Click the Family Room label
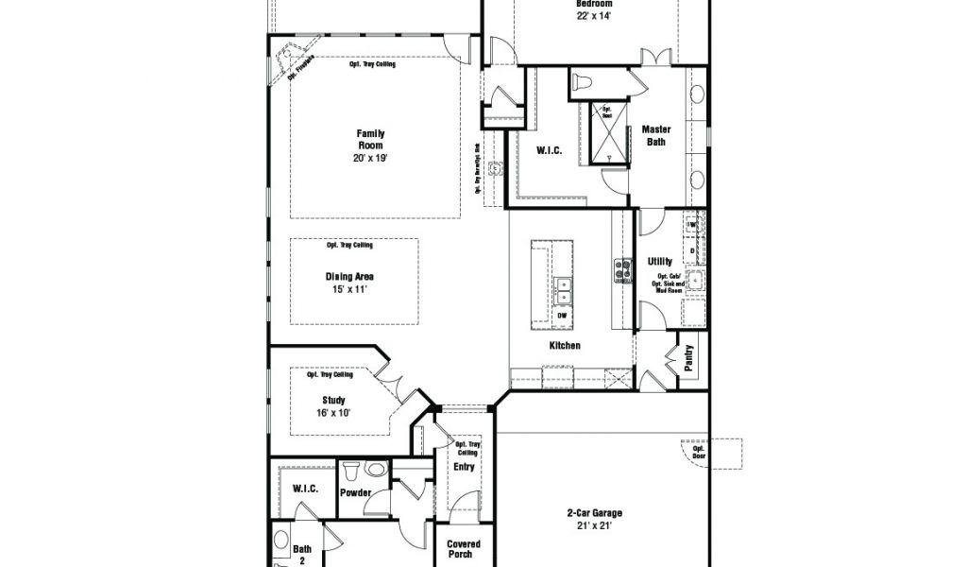point(370,140)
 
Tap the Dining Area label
point(349,277)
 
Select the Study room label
point(333,401)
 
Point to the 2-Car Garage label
point(594,514)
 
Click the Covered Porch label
point(464,549)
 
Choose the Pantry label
point(689,356)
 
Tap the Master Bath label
point(655,135)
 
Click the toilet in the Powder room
point(350,469)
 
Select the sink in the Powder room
point(376,469)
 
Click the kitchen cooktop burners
point(623,272)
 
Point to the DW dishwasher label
point(562,315)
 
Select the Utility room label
point(660,261)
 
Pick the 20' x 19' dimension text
point(370,159)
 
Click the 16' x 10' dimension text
point(333,413)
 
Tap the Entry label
point(464,467)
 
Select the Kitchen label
point(565,346)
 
